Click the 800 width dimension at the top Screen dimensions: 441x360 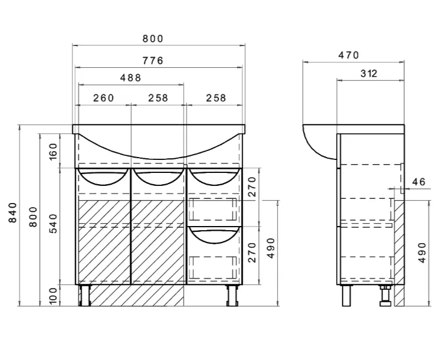153,38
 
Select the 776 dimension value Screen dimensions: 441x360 153,61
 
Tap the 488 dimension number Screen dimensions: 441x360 130,77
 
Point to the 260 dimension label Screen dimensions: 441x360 104,98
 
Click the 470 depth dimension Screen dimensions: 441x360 348,55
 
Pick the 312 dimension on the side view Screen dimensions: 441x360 368,73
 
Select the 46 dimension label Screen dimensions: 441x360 419,182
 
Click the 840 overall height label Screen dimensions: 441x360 13,212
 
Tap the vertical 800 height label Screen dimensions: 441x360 34,217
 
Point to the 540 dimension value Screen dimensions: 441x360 53,224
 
